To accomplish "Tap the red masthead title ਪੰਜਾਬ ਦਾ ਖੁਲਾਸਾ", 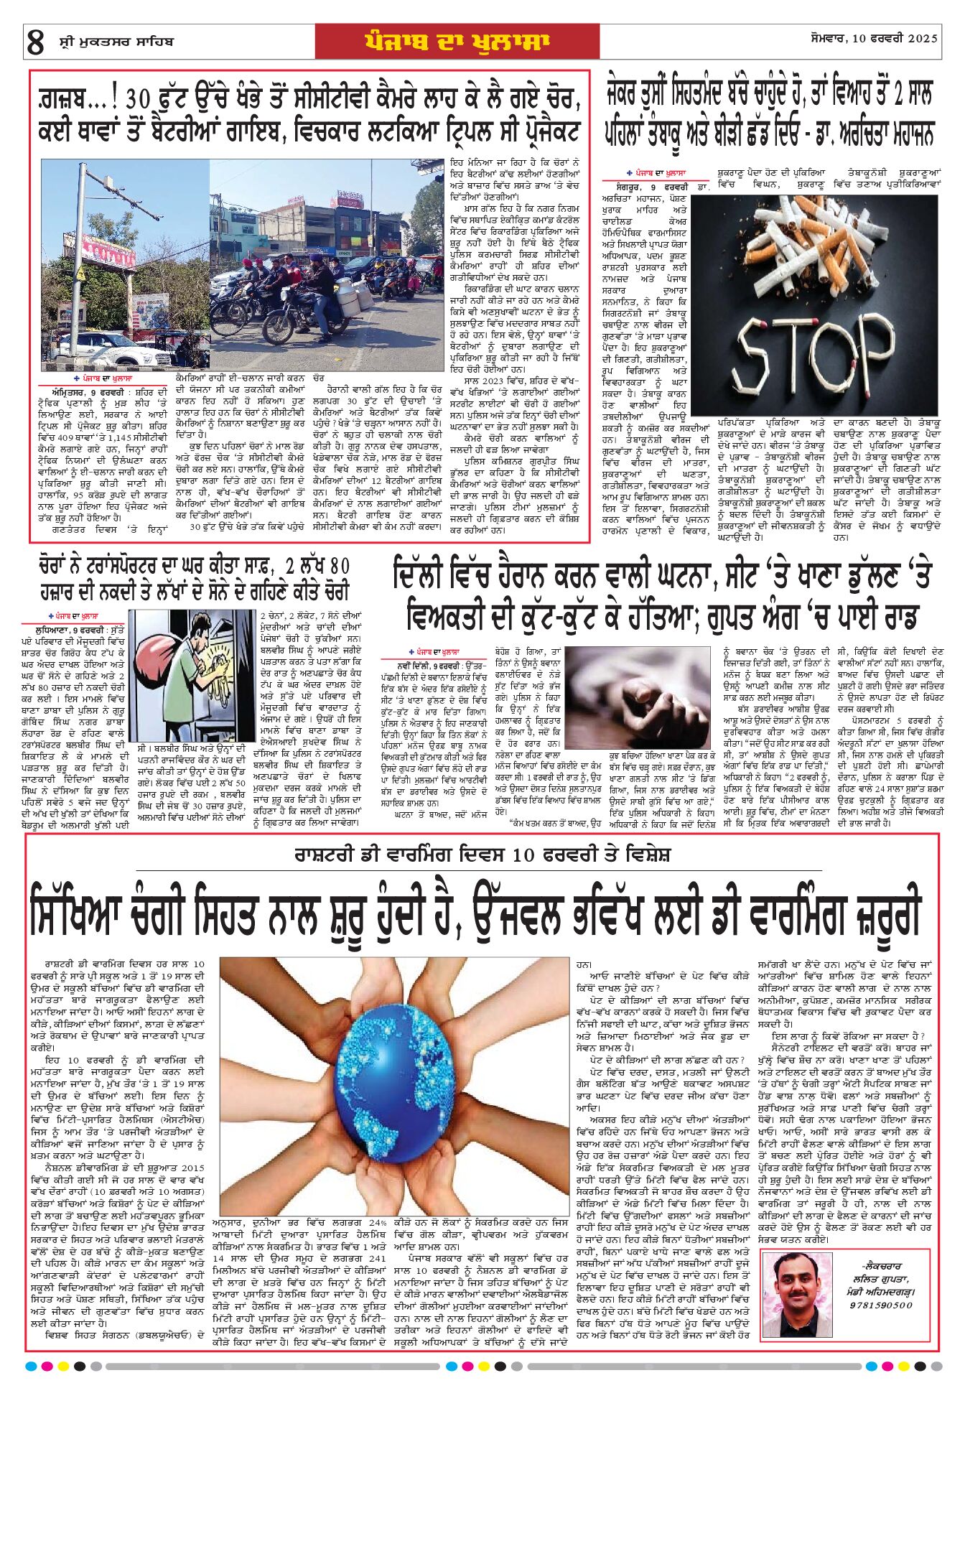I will (x=457, y=42).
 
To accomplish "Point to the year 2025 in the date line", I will (x=923, y=39).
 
